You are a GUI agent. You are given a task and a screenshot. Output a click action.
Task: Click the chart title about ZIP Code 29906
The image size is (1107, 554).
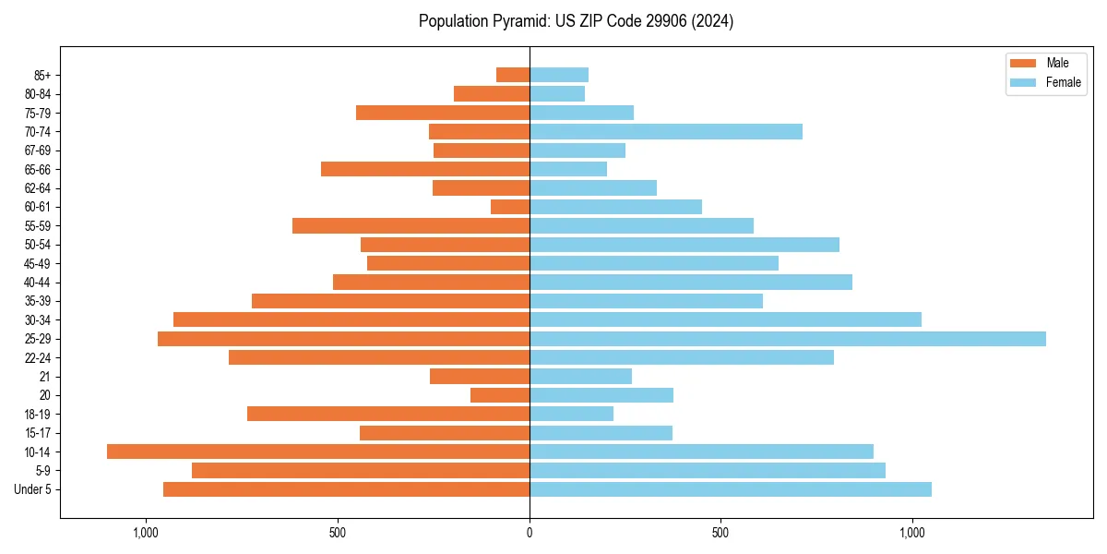point(576,21)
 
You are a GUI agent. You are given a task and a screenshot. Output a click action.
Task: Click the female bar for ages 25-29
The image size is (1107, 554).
point(787,339)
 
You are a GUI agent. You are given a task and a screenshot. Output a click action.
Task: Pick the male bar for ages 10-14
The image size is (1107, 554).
point(318,452)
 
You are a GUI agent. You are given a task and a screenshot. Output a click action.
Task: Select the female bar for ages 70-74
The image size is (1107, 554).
point(665,131)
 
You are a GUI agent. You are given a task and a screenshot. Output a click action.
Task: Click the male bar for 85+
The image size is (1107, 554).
point(513,75)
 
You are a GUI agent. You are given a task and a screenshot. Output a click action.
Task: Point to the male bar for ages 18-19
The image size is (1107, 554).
point(388,414)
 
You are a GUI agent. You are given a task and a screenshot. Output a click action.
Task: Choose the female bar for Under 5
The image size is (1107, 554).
point(730,489)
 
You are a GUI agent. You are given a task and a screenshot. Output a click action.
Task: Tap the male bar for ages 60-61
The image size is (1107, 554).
point(510,207)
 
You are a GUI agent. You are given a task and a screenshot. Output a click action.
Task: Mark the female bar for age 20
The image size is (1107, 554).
point(601,395)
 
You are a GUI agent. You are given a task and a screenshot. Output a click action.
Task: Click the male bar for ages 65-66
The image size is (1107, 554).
point(425,169)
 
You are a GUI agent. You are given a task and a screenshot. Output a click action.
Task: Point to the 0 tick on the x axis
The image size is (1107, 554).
point(530,533)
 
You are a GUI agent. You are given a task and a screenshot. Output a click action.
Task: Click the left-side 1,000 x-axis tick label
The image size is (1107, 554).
point(146,533)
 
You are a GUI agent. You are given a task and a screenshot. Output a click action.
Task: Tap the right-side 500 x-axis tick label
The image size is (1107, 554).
point(720,533)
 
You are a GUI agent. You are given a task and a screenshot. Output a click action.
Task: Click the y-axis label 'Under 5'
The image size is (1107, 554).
point(32,489)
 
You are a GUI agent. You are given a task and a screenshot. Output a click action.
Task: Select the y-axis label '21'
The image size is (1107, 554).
point(44,377)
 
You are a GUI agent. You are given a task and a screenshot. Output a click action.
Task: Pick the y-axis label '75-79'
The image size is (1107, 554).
point(38,113)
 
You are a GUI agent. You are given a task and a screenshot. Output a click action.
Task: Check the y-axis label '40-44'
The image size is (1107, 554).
point(38,283)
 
